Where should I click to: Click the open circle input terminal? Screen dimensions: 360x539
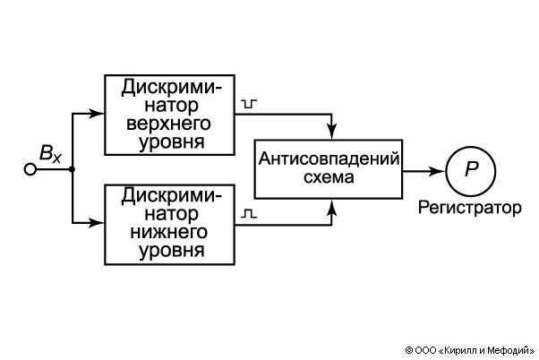tap(30, 168)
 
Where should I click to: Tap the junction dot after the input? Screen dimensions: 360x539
tap(71, 168)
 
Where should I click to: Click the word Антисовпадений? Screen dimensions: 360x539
tap(329, 159)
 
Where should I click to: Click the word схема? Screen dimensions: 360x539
tap(329, 177)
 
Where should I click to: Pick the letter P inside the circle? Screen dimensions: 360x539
tap(472, 168)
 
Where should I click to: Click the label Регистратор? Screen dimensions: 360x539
tap(469, 209)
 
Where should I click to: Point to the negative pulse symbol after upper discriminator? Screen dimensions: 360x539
tap(249, 105)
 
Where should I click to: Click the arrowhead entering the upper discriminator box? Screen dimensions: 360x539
tap(99, 114)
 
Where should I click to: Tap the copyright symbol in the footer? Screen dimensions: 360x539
tap(408, 350)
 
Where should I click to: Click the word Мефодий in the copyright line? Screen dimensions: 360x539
tap(508, 350)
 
